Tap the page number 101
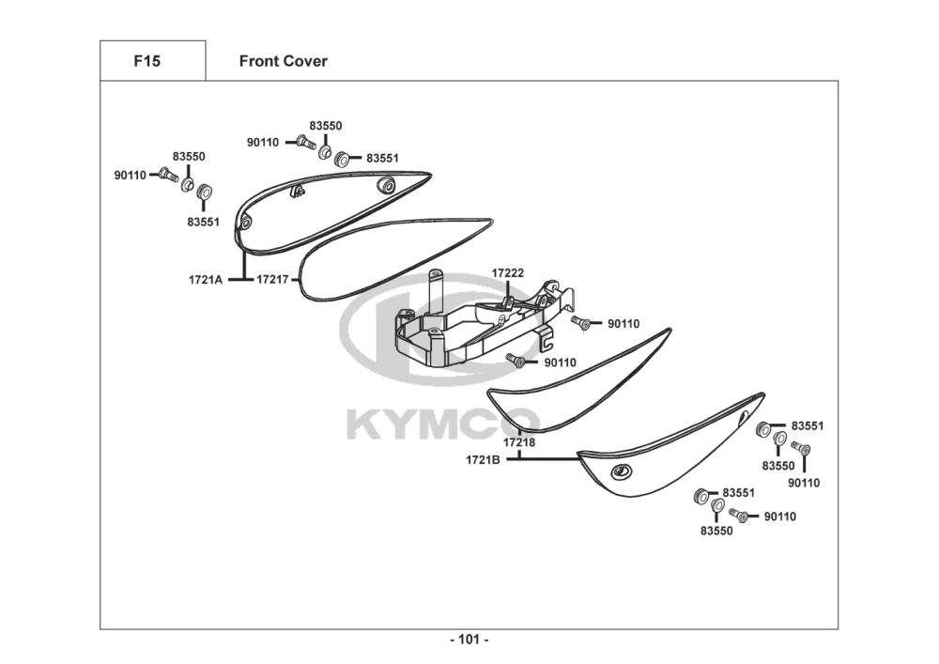coord(469,641)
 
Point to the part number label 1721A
coord(206,279)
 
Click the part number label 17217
coord(272,279)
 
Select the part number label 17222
coord(508,273)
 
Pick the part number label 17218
coord(518,441)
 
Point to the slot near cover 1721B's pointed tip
coord(745,414)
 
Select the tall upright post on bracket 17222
coord(434,291)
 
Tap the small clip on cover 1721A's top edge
coord(298,193)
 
